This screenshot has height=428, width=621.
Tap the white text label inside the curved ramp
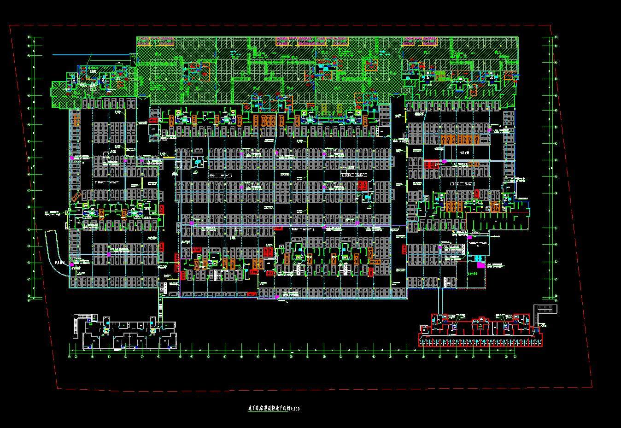click(59, 263)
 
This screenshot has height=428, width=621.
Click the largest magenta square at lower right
click(480, 265)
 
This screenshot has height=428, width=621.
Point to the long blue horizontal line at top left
click(92, 54)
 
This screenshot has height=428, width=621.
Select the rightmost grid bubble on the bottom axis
click(515, 356)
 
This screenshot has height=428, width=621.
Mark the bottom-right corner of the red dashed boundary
click(592, 386)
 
